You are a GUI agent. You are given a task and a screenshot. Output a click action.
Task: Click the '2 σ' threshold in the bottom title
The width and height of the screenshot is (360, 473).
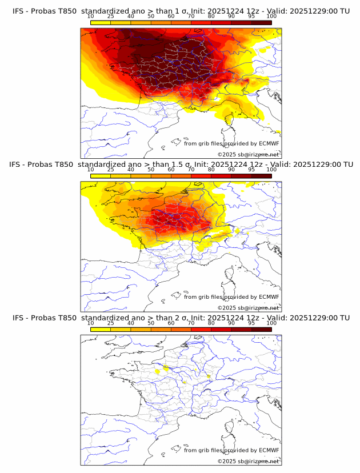coord(179,318)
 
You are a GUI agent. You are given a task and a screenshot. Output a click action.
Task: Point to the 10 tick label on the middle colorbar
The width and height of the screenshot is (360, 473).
coord(91,170)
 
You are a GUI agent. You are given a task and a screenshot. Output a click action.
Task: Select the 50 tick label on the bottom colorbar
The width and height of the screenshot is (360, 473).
coord(151,323)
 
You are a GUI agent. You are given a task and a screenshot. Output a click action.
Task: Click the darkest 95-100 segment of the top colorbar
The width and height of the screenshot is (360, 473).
coord(261,23)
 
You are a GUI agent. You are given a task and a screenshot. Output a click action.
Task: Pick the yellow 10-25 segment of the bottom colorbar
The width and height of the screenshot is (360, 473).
coord(101,329)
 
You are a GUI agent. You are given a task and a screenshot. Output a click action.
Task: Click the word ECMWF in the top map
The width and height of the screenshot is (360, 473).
coord(269,143)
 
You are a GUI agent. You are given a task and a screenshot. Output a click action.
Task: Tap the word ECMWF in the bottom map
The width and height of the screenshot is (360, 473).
coord(269,450)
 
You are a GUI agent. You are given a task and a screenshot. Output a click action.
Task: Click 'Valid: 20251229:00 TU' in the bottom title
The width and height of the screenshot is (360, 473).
coord(306,318)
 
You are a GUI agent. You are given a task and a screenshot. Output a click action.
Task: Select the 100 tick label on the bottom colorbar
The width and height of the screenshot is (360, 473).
coord(271,323)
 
